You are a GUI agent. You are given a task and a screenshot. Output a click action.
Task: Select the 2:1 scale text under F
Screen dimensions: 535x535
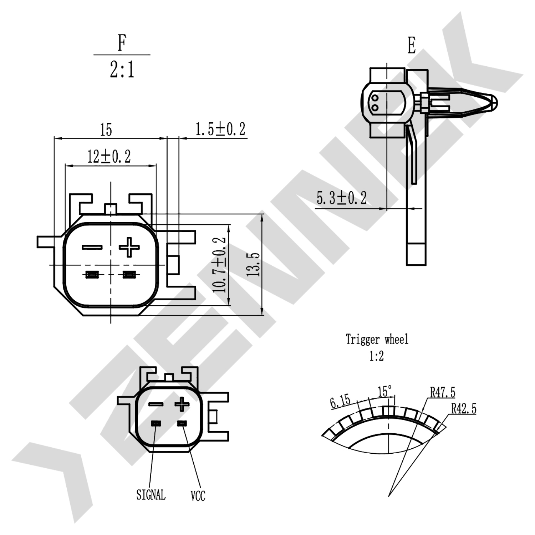(122, 69)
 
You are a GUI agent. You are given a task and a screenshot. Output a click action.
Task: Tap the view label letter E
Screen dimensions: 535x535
(412, 46)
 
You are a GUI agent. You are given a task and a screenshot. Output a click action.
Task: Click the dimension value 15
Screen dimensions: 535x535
(106, 129)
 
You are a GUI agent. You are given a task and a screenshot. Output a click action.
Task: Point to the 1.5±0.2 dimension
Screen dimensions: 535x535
(220, 129)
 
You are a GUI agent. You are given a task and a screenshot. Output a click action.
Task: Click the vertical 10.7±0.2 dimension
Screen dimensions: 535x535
(220, 264)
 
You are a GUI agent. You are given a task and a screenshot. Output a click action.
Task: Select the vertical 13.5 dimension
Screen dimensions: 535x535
(253, 264)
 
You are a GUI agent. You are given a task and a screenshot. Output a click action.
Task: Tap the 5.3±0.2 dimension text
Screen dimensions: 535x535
(341, 198)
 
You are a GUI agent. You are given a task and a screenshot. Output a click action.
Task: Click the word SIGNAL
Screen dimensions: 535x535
(151, 495)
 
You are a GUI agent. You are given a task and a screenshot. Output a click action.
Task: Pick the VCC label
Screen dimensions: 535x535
(198, 496)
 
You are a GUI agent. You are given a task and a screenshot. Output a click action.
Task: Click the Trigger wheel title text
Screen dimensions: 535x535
(377, 339)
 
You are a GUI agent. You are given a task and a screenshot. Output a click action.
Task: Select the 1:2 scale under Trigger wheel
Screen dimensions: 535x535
(377, 356)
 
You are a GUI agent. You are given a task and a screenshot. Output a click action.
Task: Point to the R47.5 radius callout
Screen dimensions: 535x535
(443, 392)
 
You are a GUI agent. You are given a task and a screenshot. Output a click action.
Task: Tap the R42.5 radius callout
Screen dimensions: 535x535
(464, 408)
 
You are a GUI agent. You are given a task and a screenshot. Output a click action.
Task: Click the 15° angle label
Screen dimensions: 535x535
(384, 391)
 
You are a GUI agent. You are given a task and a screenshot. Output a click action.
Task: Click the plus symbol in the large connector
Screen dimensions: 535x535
(129, 247)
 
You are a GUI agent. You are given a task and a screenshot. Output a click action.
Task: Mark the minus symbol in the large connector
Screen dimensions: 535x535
(92, 247)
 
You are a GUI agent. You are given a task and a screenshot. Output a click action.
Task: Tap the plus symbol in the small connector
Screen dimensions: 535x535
(182, 404)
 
